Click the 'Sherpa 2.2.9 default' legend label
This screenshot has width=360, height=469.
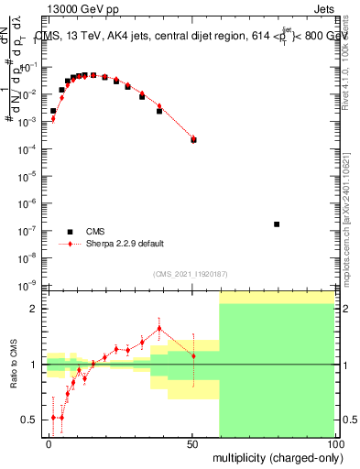[x=125, y=244]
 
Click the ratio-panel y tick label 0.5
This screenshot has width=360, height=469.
[x=29, y=420]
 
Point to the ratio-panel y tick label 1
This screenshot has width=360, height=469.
[x=33, y=365]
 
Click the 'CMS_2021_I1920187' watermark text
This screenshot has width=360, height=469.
[x=191, y=274]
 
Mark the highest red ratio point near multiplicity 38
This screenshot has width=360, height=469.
[x=159, y=328]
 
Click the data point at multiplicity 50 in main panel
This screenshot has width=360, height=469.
[x=193, y=139]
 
